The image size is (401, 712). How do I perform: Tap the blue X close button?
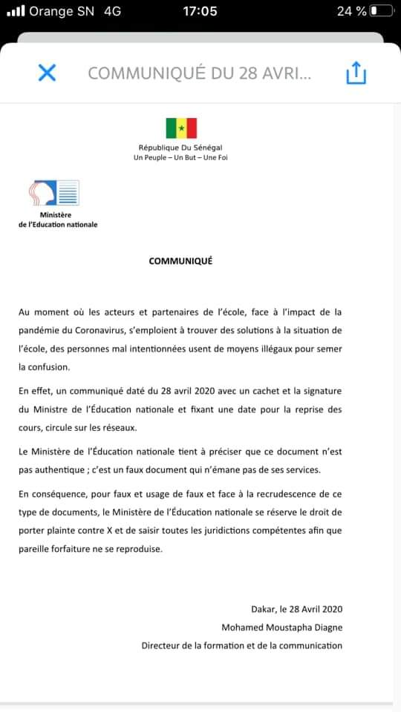point(47,73)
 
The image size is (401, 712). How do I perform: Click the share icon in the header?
point(356,73)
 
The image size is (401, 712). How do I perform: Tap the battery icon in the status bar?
point(382,11)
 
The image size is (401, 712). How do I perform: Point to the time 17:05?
point(200,11)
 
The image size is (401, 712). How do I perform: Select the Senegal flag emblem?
point(181,128)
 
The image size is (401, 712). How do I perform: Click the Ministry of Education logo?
point(53,194)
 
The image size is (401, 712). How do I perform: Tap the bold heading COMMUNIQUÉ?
point(180,260)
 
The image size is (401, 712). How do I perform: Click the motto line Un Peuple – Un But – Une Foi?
point(180,157)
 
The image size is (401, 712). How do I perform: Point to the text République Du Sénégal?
point(180,148)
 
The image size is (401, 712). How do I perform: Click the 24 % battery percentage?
point(351,11)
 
